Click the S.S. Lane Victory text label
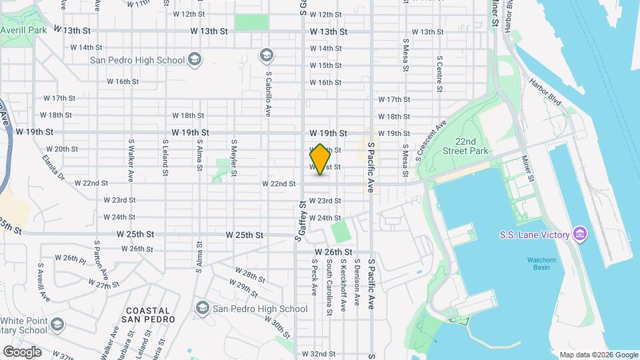click(x=535, y=235)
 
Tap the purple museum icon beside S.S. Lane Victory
click(x=580, y=234)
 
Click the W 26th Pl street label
click(x=70, y=258)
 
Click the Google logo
click(x=22, y=352)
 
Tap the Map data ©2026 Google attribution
click(x=599, y=355)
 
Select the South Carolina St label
click(x=329, y=287)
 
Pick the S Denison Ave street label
click(x=357, y=283)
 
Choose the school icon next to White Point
click(x=57, y=324)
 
